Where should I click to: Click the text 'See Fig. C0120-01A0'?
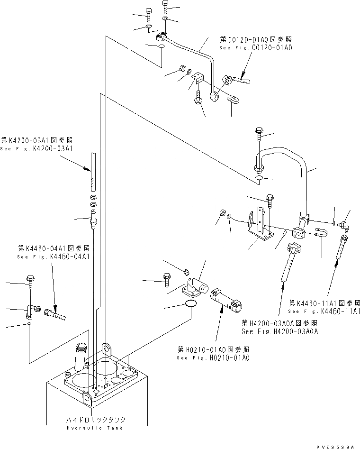pos(255,48)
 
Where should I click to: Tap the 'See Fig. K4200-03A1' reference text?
pos(36,148)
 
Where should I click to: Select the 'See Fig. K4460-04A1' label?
pos(53,257)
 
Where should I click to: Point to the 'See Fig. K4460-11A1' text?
pos(324,311)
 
